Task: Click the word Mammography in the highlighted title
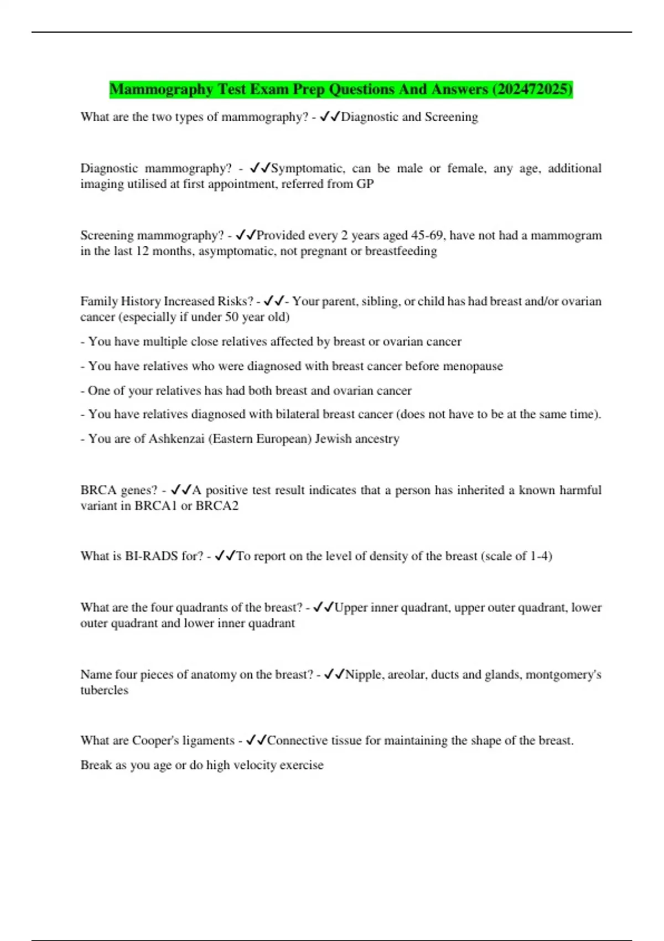[x=161, y=89]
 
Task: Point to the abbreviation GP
[x=365, y=184]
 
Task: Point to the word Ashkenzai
[x=177, y=438]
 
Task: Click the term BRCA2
[x=217, y=505]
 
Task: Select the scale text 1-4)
[x=541, y=556]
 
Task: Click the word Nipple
[x=363, y=674]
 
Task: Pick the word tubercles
[x=104, y=690]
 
